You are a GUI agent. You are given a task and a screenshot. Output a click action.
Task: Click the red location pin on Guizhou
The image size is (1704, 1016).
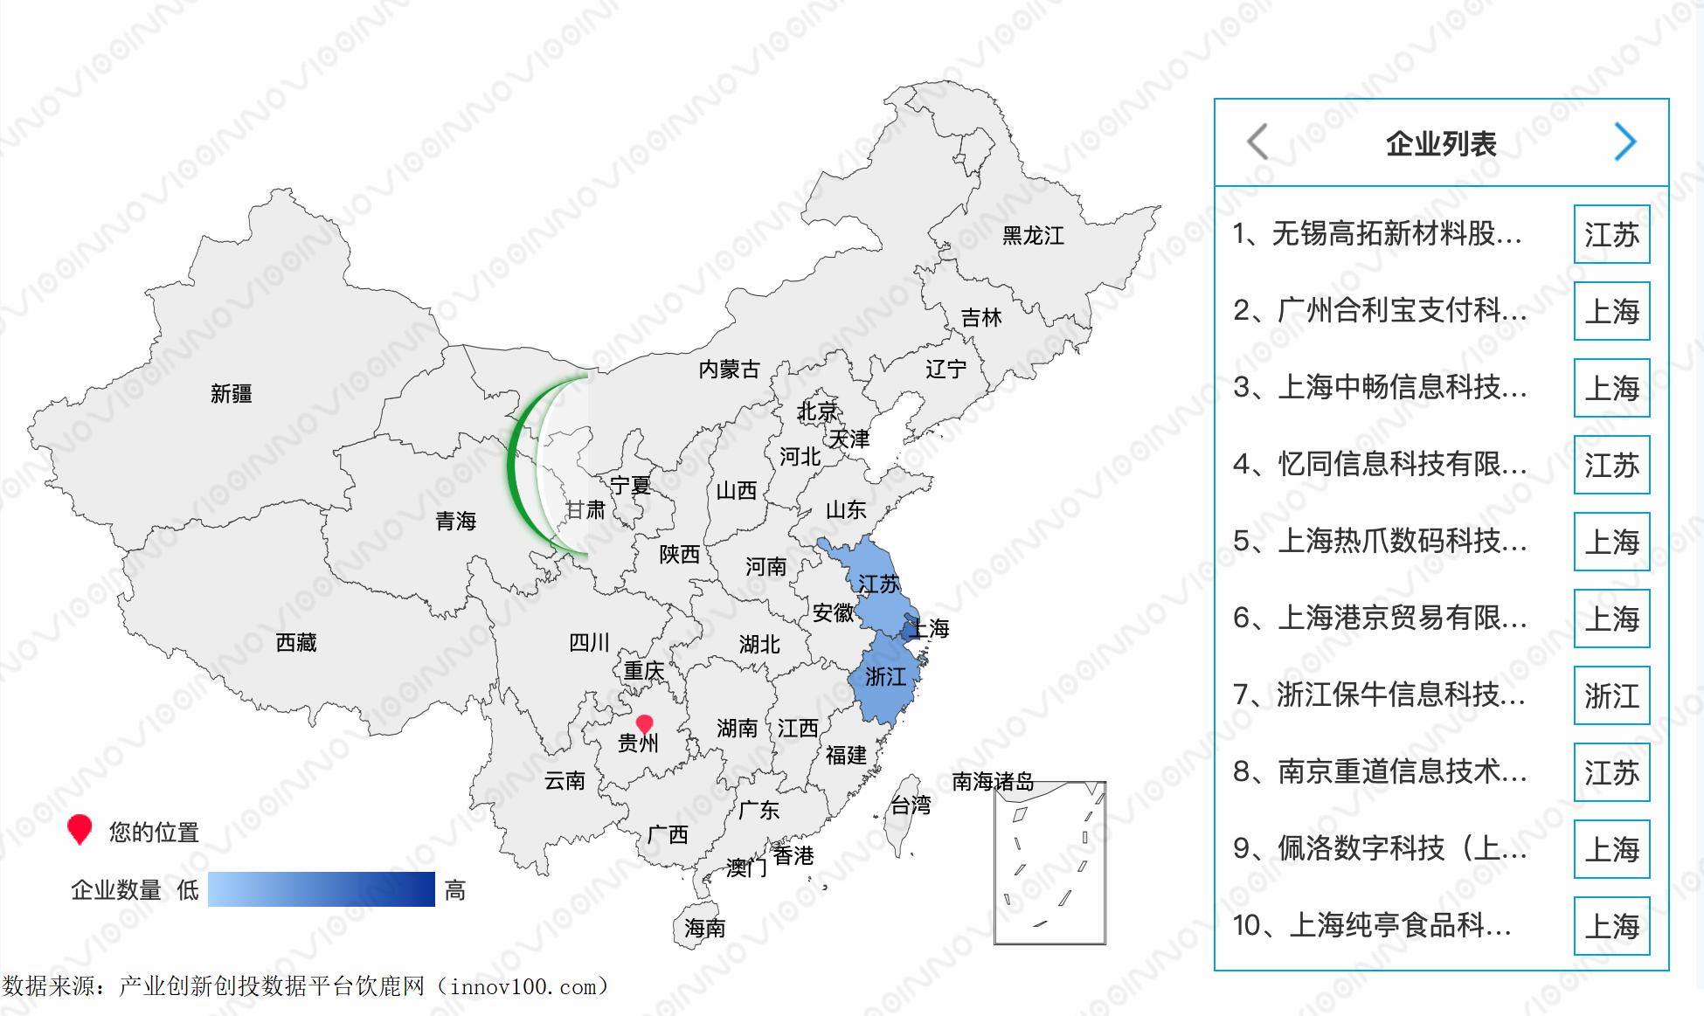644,724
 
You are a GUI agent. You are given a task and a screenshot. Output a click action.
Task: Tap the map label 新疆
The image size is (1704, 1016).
232,394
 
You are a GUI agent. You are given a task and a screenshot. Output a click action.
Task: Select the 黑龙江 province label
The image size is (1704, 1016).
1033,236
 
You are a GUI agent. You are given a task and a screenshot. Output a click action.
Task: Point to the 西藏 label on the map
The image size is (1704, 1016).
296,643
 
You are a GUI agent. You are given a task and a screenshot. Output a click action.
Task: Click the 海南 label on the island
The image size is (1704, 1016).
705,928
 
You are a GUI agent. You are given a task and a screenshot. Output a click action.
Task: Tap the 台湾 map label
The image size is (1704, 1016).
911,805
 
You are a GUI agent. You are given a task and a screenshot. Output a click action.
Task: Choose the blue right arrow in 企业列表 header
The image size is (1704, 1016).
1624,142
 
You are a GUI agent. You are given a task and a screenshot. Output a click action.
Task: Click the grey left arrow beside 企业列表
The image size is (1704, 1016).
1257,142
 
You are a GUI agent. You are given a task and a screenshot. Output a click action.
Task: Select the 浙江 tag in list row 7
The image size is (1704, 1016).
1611,696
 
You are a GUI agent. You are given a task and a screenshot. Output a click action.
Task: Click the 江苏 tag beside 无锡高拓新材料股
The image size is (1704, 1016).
1611,235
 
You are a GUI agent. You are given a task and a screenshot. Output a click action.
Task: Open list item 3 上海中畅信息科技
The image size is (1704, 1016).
1380,387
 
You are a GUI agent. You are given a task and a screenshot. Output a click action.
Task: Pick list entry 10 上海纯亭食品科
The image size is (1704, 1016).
1372,925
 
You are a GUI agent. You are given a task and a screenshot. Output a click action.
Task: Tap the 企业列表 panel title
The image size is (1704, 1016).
1441,144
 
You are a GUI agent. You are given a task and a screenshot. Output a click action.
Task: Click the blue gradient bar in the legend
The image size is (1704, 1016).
321,889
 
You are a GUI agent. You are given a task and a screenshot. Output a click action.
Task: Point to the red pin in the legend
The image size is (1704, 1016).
80,829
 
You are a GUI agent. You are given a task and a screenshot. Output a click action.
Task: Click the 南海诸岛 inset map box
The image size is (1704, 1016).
1049,863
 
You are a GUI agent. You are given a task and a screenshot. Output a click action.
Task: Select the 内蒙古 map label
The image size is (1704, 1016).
729,370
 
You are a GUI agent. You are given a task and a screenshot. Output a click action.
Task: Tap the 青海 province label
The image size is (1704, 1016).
455,522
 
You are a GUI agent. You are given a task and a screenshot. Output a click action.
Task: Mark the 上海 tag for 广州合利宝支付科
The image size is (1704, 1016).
1611,312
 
